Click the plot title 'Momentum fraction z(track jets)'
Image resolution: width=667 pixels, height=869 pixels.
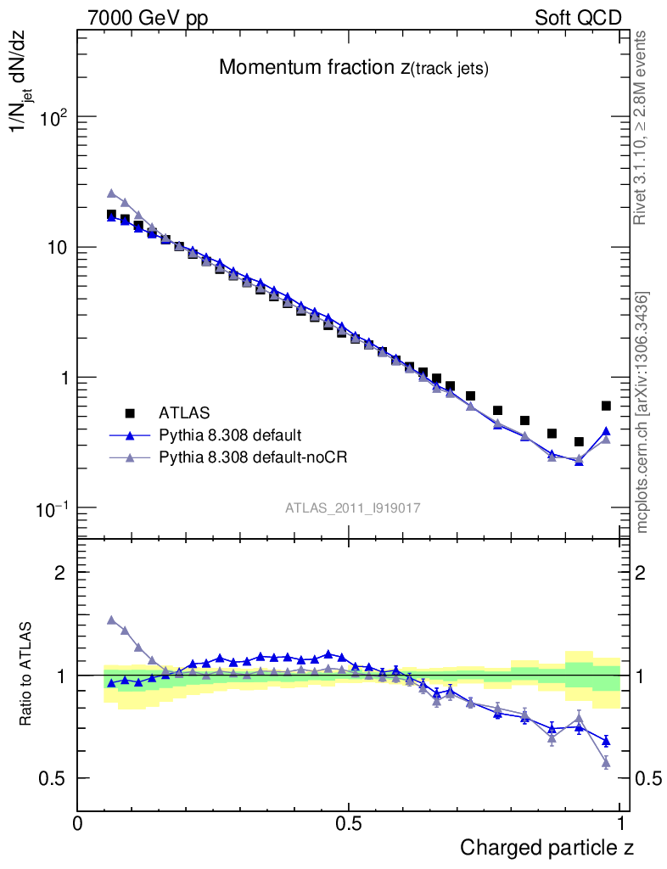click(354, 68)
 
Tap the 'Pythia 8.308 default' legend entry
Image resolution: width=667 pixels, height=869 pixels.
click(230, 435)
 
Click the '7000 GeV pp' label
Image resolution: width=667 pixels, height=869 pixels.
click(148, 18)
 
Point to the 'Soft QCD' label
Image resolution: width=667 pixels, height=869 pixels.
click(578, 18)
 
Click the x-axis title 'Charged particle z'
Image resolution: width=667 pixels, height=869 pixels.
click(546, 847)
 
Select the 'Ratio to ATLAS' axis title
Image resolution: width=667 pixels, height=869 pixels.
click(29, 675)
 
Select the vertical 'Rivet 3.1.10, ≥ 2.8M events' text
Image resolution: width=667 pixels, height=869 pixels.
click(642, 127)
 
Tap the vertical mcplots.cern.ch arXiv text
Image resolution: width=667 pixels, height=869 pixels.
click(642, 412)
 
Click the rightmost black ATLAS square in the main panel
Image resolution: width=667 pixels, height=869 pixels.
click(606, 406)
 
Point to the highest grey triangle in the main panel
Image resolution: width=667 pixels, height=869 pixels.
click(111, 193)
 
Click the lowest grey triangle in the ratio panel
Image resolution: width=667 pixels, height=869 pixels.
click(606, 763)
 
